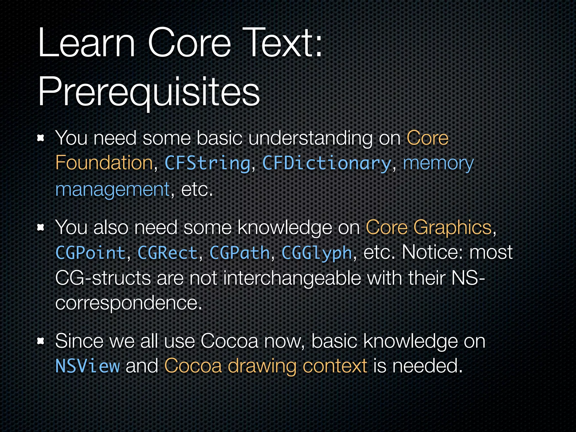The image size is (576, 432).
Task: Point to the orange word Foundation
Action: click(104, 163)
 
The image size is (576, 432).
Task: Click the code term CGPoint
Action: click(90, 253)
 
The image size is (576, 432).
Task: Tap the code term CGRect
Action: click(168, 253)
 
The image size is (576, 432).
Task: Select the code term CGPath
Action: click(240, 253)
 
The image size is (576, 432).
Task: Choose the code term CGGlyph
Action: click(317, 253)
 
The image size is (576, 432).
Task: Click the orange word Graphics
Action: click(452, 227)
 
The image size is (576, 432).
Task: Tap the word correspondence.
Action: click(128, 303)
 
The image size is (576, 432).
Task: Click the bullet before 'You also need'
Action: click(41, 228)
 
